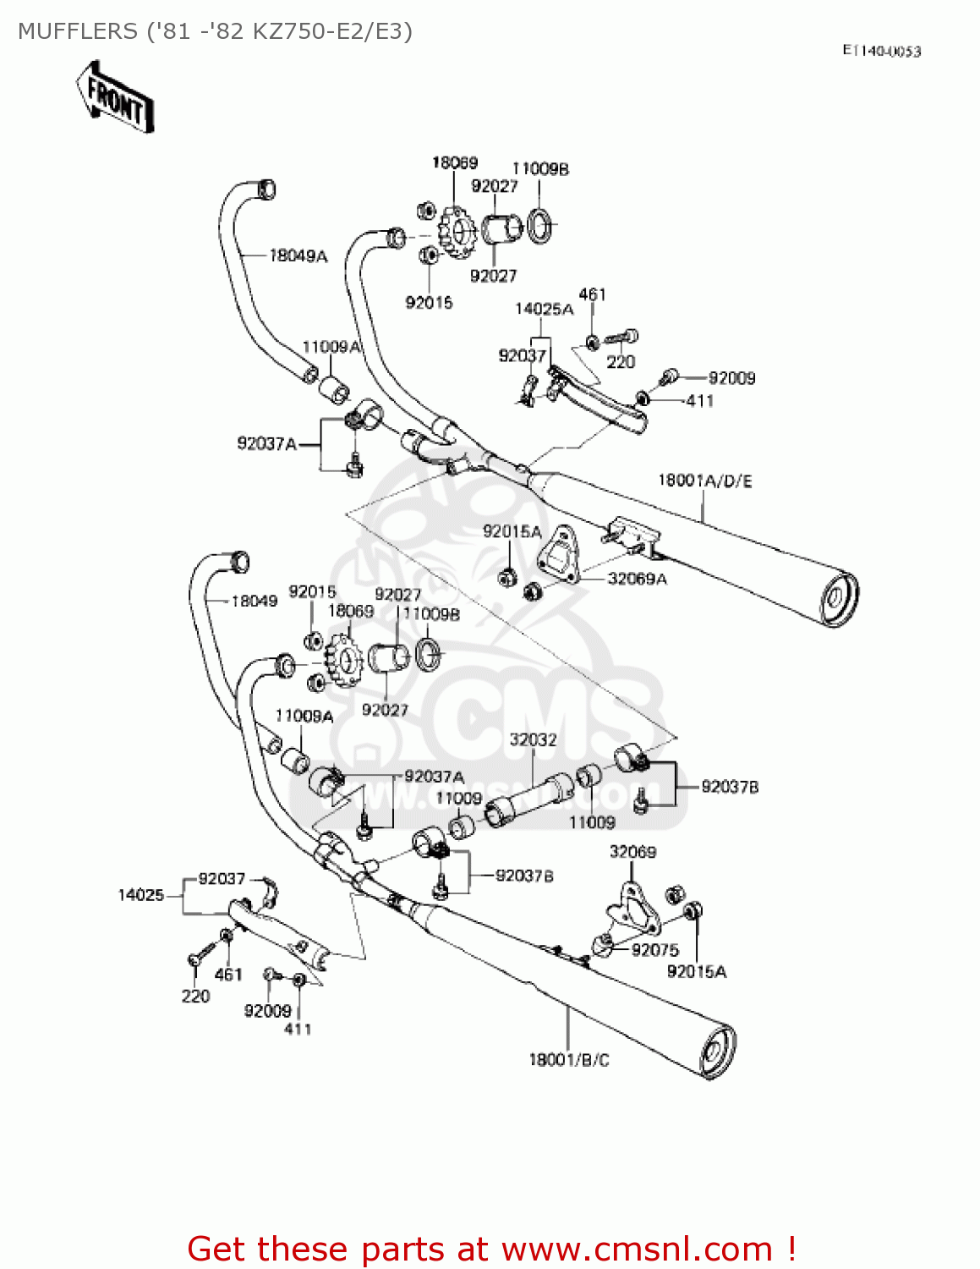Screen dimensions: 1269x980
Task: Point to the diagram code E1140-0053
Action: pyautogui.click(x=881, y=51)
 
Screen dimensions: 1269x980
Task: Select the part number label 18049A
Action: pyautogui.click(x=298, y=255)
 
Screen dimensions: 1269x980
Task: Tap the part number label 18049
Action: pyautogui.click(x=254, y=601)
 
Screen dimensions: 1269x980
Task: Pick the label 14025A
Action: pyautogui.click(x=544, y=309)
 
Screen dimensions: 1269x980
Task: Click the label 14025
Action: pyautogui.click(x=140, y=895)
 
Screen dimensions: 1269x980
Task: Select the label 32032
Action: pyautogui.click(x=533, y=739)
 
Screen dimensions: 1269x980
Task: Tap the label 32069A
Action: pyautogui.click(x=637, y=579)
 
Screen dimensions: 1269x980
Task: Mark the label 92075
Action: pyautogui.click(x=654, y=950)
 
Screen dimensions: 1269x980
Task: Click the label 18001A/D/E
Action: pyautogui.click(x=704, y=481)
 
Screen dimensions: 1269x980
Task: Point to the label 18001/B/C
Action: pyautogui.click(x=568, y=1059)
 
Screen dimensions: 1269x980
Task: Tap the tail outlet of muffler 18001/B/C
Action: pyautogui.click(x=717, y=1052)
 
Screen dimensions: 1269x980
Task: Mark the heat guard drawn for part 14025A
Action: pyautogui.click(x=600, y=404)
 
